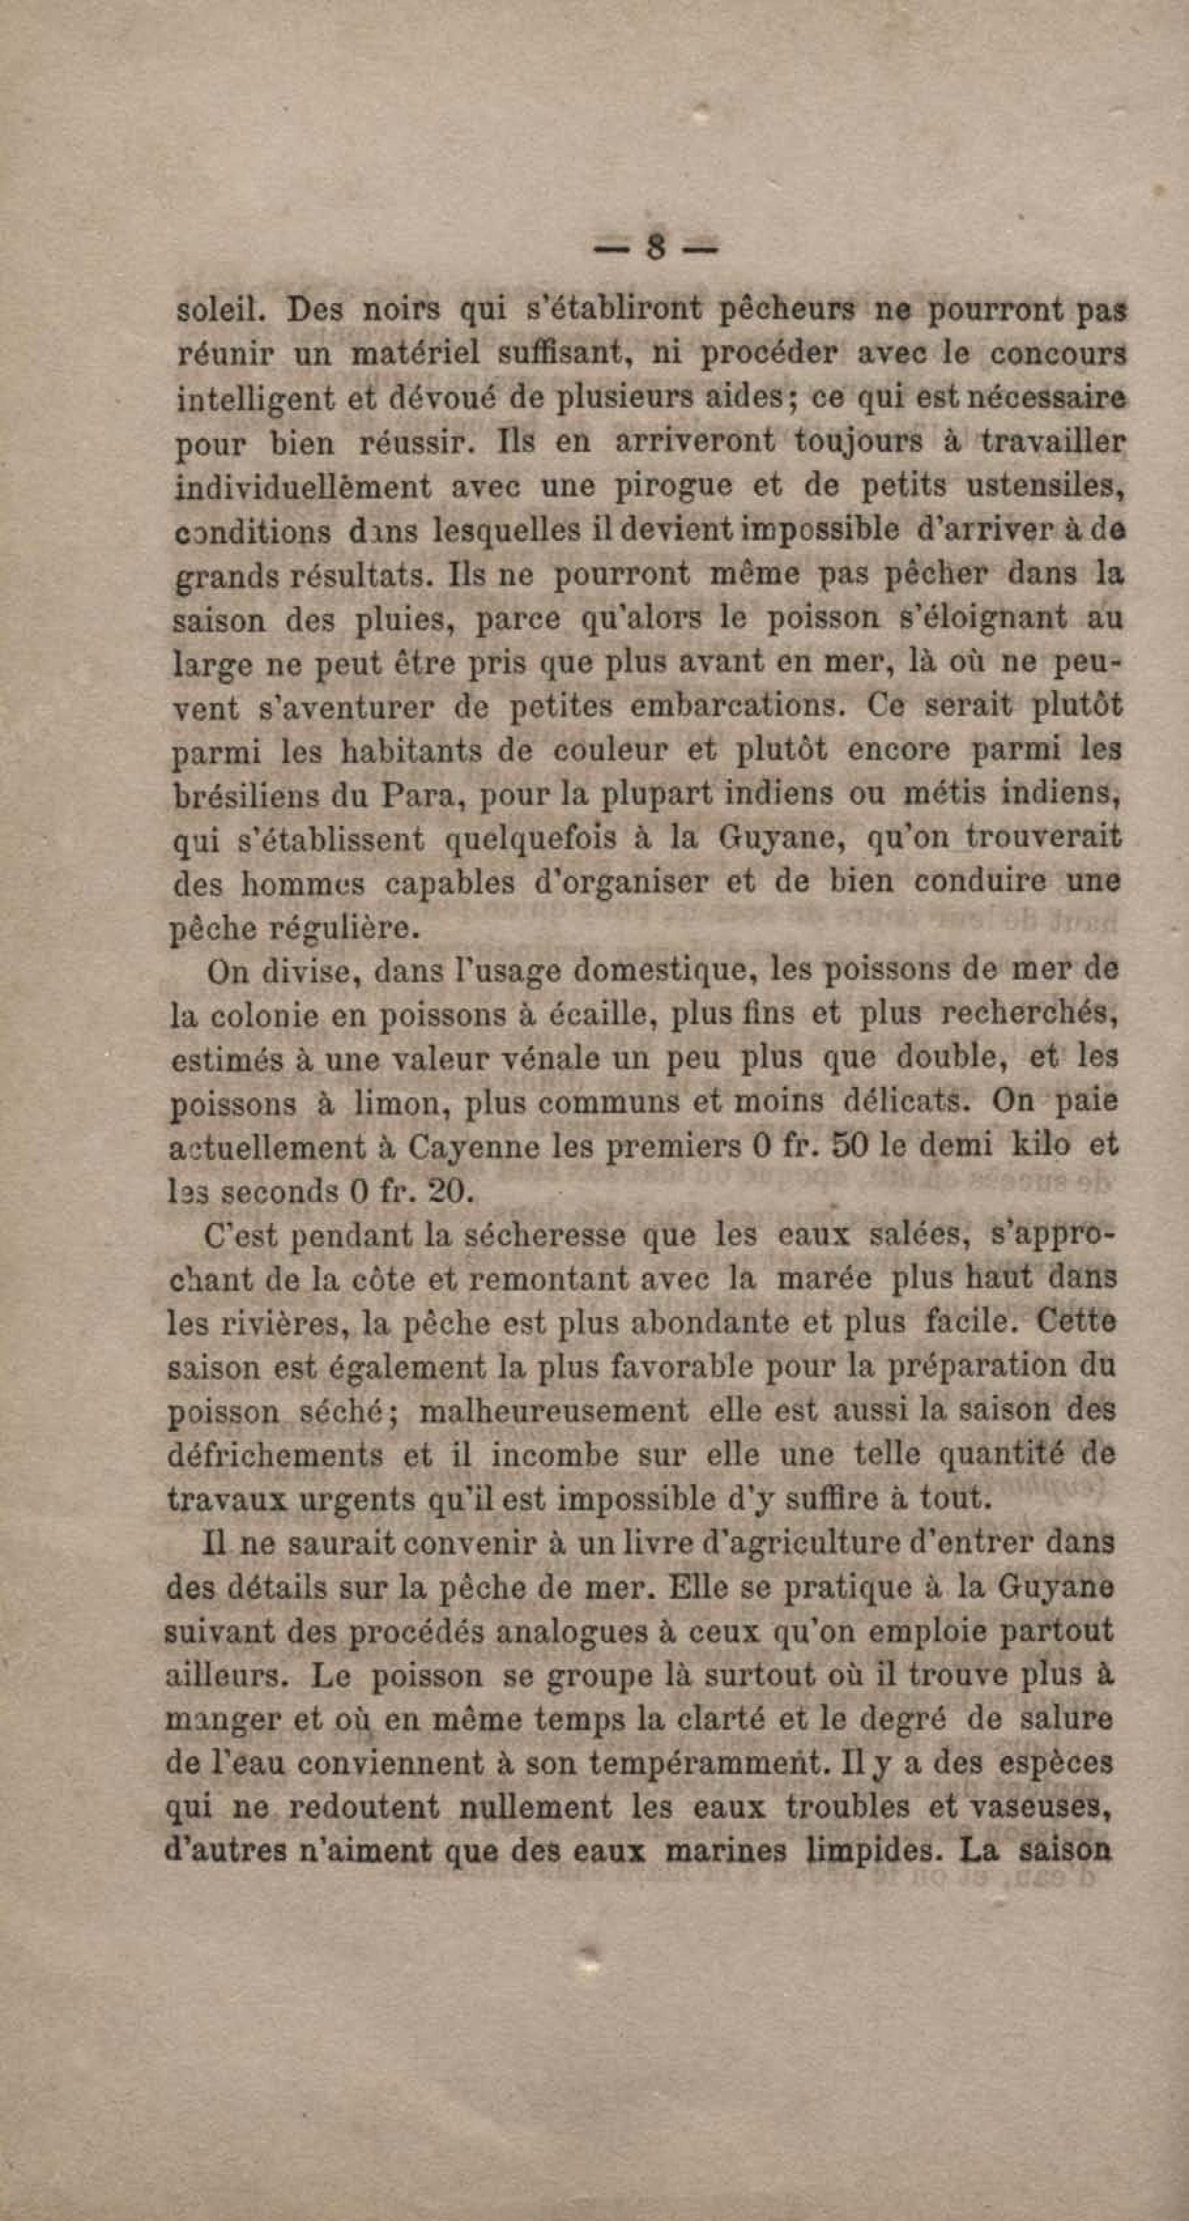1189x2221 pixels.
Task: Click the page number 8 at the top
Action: tap(655, 249)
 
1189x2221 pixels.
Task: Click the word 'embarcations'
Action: tap(734, 707)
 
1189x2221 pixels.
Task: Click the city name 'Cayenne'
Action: tap(462, 1148)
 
